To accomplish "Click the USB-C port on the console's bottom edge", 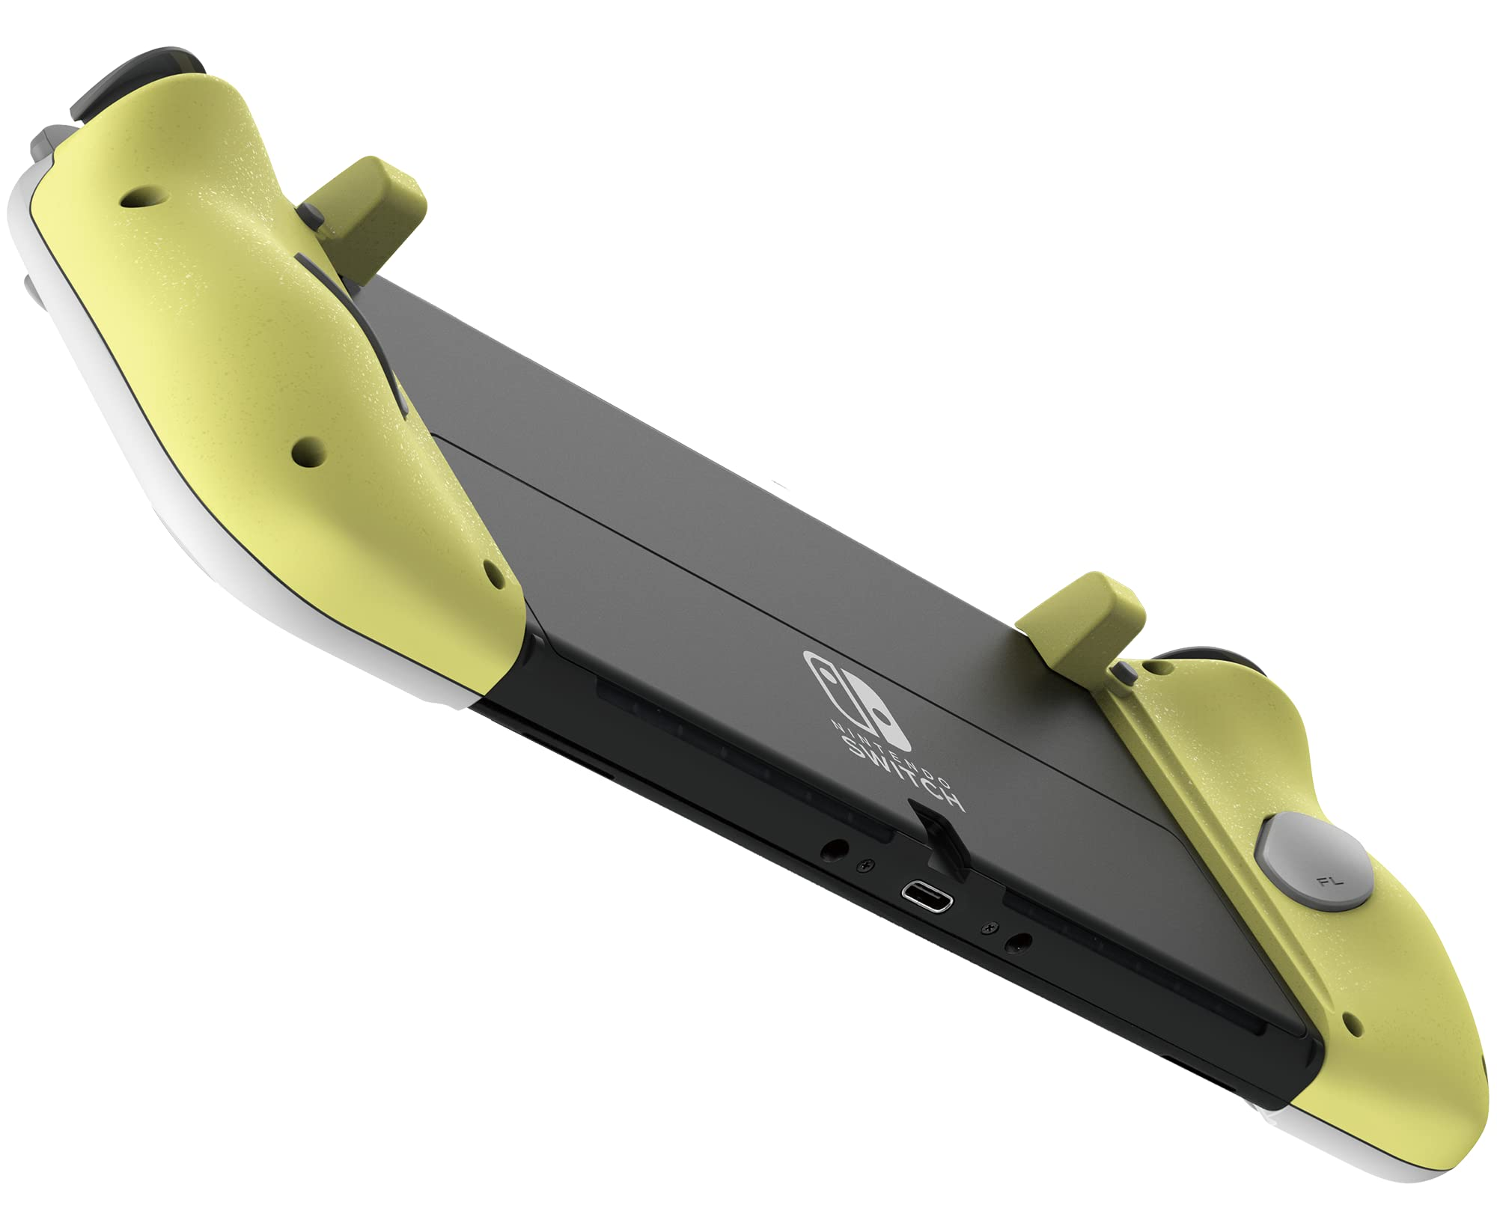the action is click(927, 895).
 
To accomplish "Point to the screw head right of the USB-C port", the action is click(991, 928).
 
